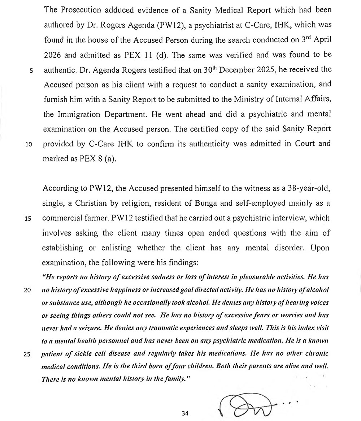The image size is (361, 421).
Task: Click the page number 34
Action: coord(185,413)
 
